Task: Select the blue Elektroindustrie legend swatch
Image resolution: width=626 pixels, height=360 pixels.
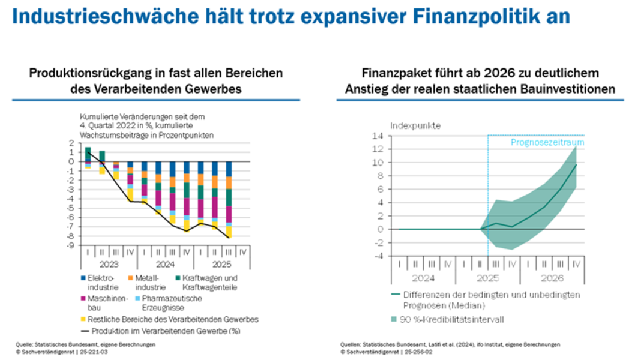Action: coord(83,278)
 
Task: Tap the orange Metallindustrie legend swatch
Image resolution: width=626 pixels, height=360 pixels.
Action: coord(131,278)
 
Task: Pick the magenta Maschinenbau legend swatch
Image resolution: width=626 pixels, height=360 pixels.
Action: coord(83,298)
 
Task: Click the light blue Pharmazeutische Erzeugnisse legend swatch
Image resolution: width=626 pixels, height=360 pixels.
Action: coord(131,298)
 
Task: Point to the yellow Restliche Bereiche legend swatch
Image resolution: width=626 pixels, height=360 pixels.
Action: coord(83,319)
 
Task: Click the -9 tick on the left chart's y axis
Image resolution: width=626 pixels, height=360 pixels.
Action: coord(71,245)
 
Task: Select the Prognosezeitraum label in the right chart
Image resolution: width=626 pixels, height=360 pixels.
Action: coord(547,143)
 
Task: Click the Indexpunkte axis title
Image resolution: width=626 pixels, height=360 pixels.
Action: coord(415,126)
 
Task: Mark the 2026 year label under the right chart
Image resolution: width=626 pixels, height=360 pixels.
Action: coord(552,278)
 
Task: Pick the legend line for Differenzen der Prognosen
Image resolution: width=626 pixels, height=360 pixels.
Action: coord(395,294)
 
